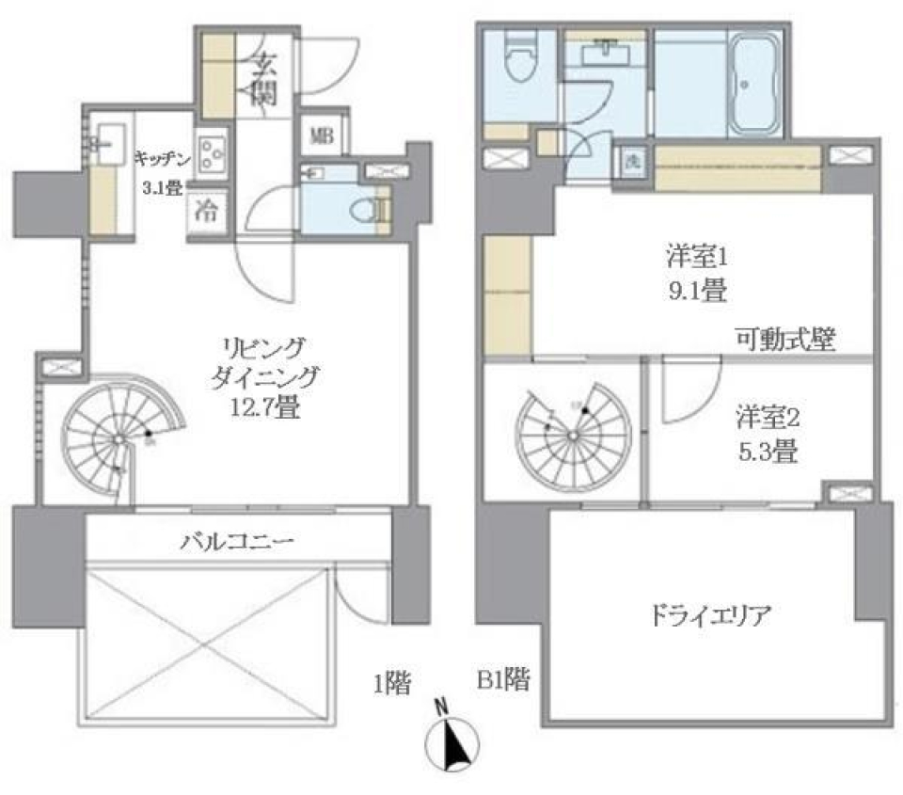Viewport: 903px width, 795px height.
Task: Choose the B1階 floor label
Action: pos(502,679)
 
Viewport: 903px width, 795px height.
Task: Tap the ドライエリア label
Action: pos(710,617)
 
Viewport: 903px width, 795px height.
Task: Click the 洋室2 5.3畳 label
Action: pos(767,434)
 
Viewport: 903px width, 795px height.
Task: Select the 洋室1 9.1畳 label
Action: pos(696,274)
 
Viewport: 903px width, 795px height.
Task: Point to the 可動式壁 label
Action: pos(786,339)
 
